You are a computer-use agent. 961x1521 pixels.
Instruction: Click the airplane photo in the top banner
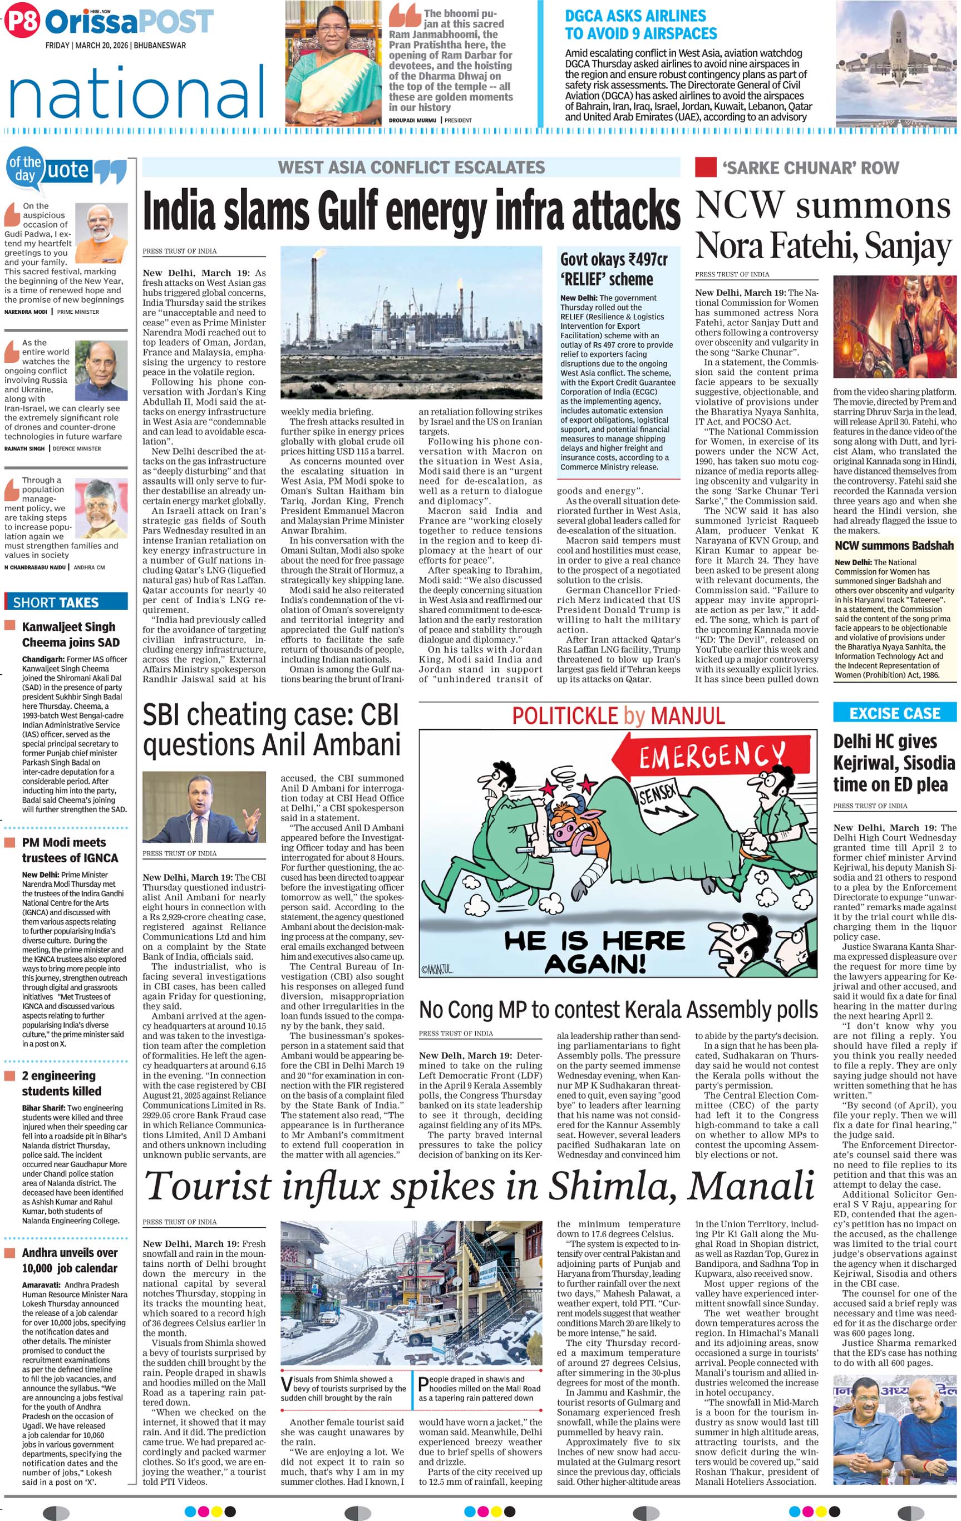[x=896, y=63]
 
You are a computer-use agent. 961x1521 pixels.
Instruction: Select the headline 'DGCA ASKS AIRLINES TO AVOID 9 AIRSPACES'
[x=640, y=24]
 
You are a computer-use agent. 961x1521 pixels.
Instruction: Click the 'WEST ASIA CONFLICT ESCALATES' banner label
[x=411, y=167]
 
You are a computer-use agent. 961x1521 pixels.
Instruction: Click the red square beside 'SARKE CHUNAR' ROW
[x=705, y=167]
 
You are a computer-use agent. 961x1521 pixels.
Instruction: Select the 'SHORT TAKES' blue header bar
[x=66, y=602]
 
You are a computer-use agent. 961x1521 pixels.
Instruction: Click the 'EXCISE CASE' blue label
[x=894, y=713]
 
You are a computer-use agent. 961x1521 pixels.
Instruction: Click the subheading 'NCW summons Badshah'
[x=894, y=546]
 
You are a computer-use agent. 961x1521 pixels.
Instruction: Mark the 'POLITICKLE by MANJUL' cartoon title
[x=618, y=715]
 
